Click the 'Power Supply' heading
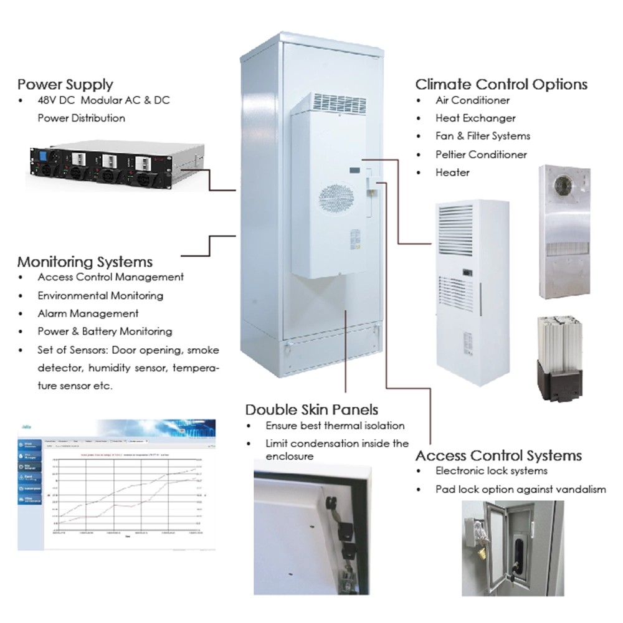65,84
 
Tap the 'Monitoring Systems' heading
85,261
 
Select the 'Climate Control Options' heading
502,84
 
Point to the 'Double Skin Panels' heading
311,409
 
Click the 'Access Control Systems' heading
498,455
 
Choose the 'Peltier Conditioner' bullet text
481,154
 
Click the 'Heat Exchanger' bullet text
475,118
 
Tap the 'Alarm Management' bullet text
88,313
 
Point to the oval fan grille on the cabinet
336,201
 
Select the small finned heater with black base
559,358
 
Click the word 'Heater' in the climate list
452,172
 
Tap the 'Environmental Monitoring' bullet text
100,295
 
